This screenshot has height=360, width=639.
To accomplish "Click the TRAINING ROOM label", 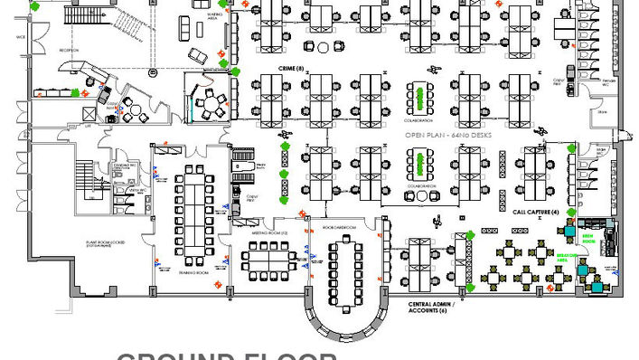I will click(x=194, y=272).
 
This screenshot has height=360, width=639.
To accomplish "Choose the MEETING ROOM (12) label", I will click(x=268, y=232).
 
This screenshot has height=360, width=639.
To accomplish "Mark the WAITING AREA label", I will click(x=214, y=16).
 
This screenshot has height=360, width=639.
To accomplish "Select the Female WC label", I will click(x=610, y=81).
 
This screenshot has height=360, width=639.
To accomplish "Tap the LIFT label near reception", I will click(x=89, y=128).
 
